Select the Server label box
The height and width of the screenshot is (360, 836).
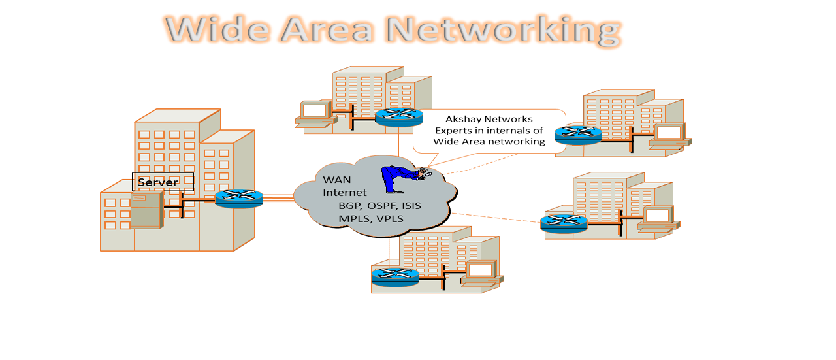[x=163, y=182]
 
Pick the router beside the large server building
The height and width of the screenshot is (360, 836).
[x=238, y=198]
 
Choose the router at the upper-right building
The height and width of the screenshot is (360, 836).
[x=578, y=135]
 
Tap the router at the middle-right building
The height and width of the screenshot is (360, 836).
[x=564, y=223]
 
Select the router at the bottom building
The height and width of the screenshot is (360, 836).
[x=394, y=277]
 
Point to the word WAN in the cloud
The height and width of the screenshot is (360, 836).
[x=337, y=180]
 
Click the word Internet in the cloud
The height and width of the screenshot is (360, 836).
[x=345, y=193]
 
